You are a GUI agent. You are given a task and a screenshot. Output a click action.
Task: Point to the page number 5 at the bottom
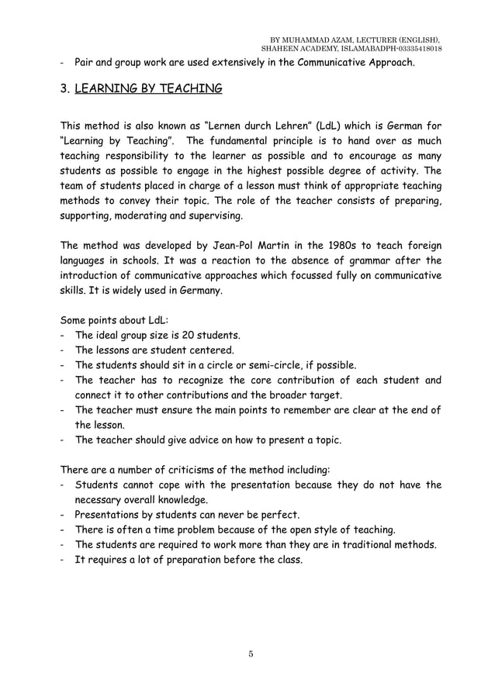point(251,653)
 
